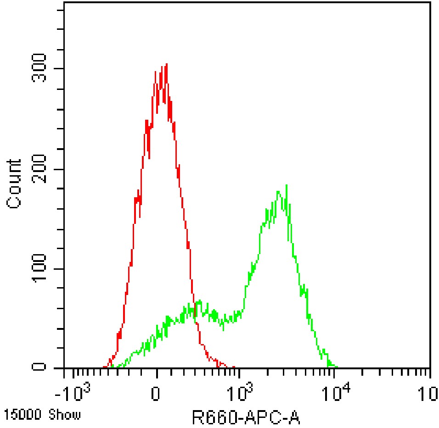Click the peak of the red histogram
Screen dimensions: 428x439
[x=166, y=64]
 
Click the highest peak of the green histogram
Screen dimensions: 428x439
[x=287, y=185]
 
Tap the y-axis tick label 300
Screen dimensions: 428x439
[x=42, y=68]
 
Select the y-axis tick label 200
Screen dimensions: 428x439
[x=42, y=169]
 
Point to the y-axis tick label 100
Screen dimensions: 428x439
[x=42, y=269]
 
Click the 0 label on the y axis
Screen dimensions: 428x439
[x=42, y=367]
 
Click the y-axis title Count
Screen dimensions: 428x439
[x=14, y=184]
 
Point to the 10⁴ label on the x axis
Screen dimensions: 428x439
[x=338, y=393]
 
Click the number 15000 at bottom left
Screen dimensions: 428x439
[x=22, y=415]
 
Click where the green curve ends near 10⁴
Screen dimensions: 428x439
[x=337, y=367]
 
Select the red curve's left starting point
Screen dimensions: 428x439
[x=104, y=367]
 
